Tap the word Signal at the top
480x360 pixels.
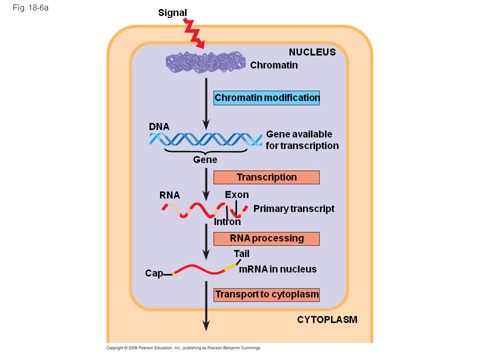172,13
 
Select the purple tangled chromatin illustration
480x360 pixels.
205,63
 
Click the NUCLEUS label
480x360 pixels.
312,52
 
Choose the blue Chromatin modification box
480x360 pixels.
266,98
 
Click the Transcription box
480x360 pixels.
266,177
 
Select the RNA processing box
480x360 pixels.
266,238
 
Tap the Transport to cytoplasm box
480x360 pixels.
266,294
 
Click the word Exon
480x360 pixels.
236,195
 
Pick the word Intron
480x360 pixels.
227,222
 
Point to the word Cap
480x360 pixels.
154,273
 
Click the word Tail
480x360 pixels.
241,254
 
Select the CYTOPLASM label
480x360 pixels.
327,320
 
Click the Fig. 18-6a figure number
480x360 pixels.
31,8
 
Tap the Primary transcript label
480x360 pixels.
293,209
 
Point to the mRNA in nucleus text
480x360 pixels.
277,269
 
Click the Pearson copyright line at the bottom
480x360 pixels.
183,348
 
